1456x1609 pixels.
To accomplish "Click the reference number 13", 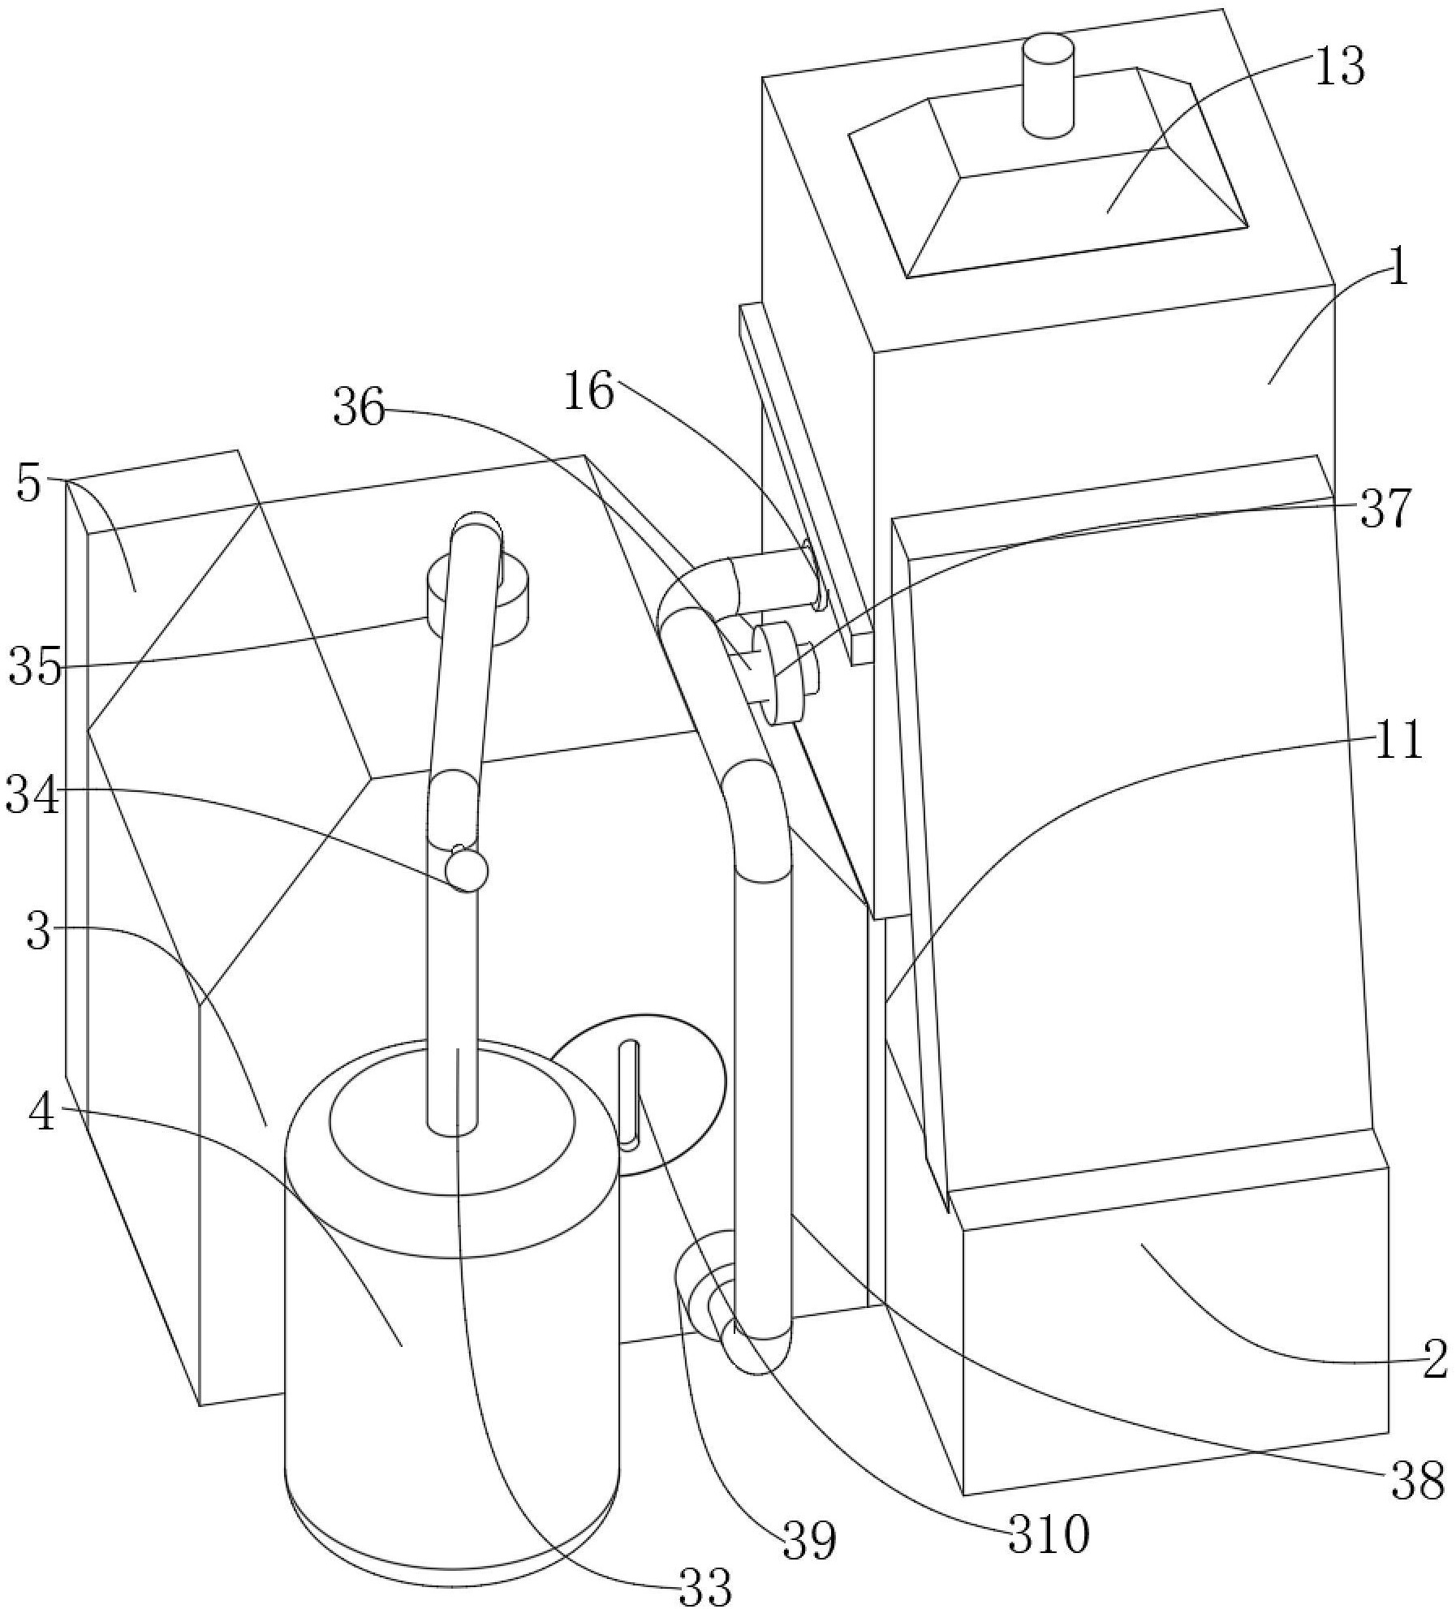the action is coord(1339,66).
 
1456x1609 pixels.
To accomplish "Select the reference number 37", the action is coord(1385,510).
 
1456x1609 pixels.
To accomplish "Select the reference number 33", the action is coord(704,1585).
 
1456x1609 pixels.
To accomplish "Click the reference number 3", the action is coord(38,933).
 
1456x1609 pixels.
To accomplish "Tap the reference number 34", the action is coord(32,795).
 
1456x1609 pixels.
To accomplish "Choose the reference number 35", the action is coord(35,669).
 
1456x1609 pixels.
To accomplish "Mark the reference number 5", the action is coord(28,485).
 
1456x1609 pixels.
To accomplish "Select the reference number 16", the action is coord(590,392).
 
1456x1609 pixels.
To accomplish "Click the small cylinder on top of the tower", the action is coord(1047,85).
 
